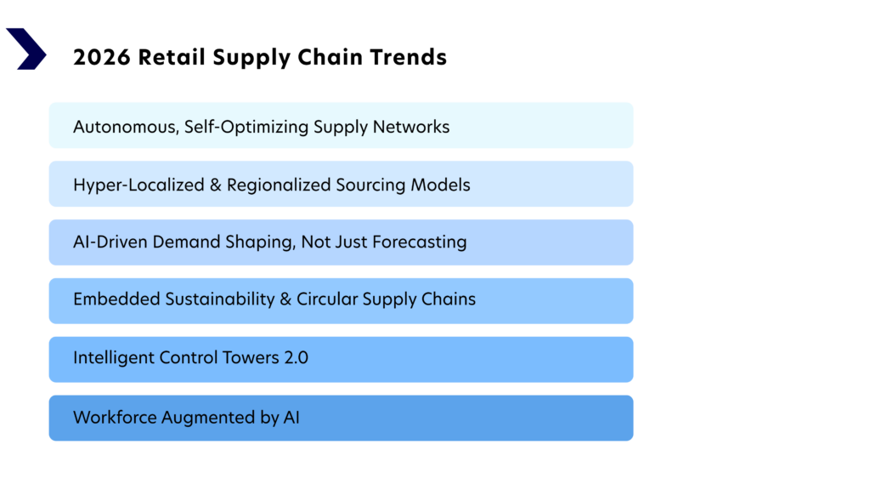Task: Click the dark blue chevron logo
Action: (x=26, y=48)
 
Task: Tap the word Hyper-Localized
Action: (x=137, y=185)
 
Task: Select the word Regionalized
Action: (x=275, y=185)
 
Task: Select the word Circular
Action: (x=327, y=299)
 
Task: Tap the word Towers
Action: (x=247, y=357)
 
